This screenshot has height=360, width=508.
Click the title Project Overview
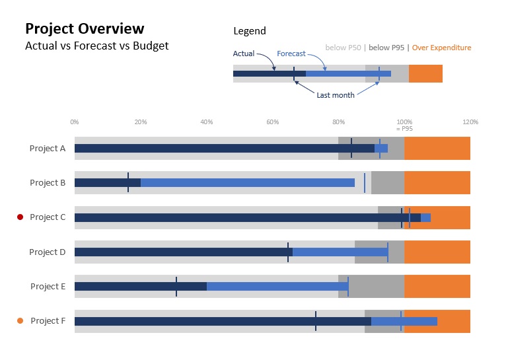(x=84, y=29)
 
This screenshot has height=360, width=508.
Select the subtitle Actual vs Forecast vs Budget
(x=96, y=46)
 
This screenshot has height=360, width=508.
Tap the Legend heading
(x=250, y=31)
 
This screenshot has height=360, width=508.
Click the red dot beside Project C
(x=20, y=217)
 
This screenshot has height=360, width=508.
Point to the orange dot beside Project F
(x=20, y=321)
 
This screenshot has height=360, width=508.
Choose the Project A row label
(x=48, y=149)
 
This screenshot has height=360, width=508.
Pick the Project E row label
(x=48, y=287)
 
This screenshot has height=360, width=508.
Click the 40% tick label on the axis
(x=206, y=122)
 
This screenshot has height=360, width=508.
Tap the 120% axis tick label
(x=470, y=122)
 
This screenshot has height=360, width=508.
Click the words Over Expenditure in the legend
(x=441, y=48)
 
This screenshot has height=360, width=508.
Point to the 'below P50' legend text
(x=343, y=48)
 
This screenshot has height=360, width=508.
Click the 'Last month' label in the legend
(x=335, y=95)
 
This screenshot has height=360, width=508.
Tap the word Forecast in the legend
(x=291, y=54)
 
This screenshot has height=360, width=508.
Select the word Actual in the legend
(x=244, y=54)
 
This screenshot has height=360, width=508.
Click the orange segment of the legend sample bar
(x=425, y=74)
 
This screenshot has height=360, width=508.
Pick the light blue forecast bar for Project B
(x=248, y=183)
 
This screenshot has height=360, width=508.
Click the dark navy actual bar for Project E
(x=140, y=287)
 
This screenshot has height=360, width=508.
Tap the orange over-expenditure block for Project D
(x=437, y=252)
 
